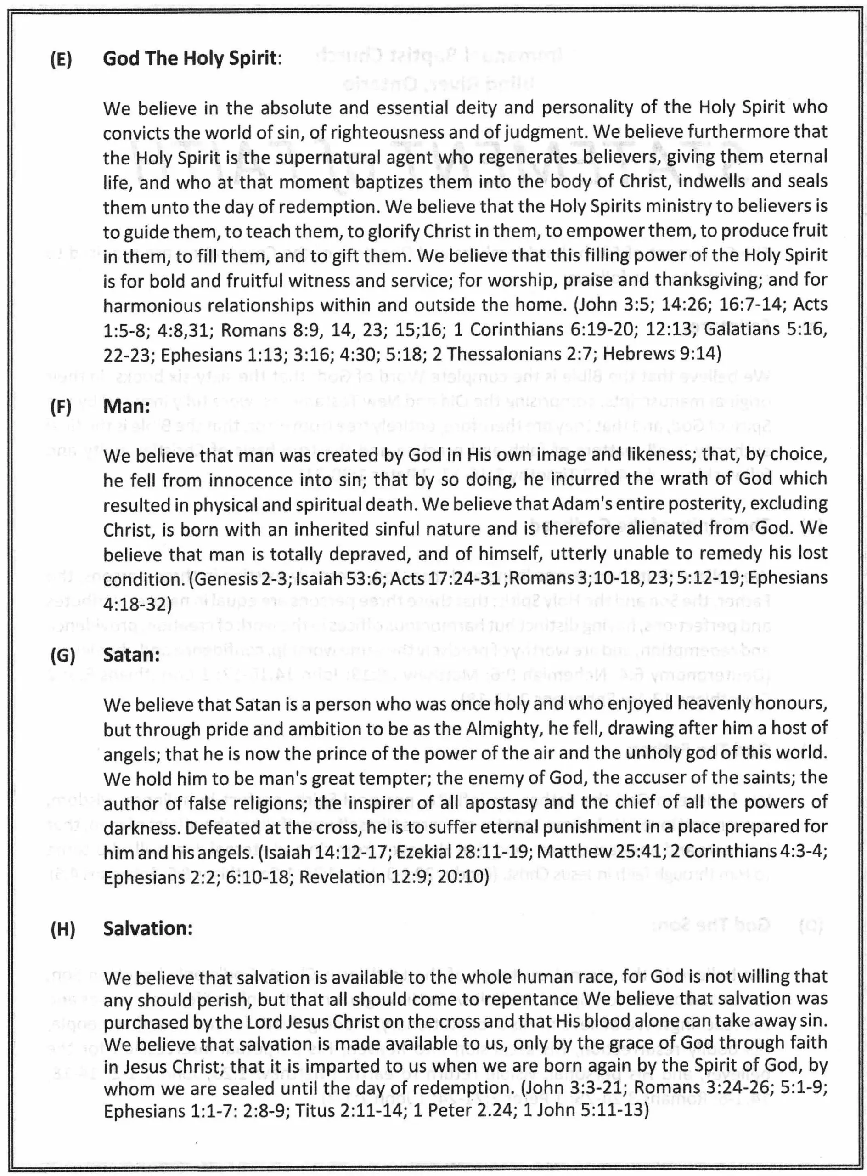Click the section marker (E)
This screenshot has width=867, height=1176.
(x=61, y=59)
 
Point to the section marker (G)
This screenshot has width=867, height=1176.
(x=62, y=656)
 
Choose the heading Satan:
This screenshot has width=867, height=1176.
(x=131, y=655)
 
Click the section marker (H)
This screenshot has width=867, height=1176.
(x=62, y=929)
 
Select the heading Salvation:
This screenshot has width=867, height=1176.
(x=148, y=928)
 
